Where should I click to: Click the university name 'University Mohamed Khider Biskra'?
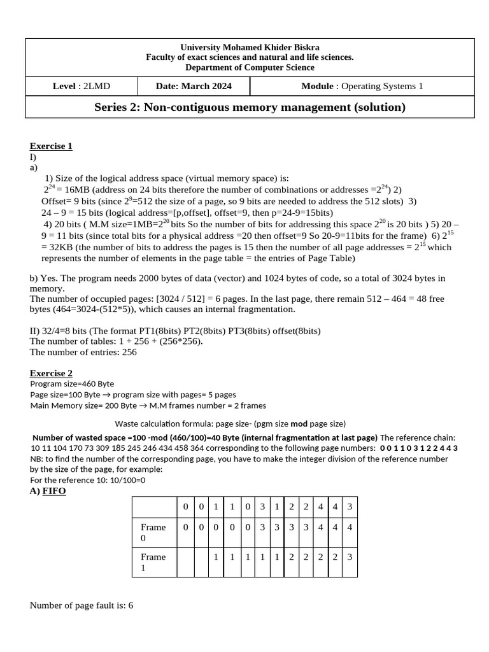click(x=250, y=47)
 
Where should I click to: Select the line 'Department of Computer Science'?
click(x=250, y=67)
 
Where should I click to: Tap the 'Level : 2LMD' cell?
click(x=81, y=86)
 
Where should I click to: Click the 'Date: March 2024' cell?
click(x=194, y=86)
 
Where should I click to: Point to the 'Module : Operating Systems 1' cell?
click(x=362, y=86)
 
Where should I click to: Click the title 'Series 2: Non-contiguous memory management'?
click(x=250, y=107)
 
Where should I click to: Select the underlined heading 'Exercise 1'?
click(x=51, y=146)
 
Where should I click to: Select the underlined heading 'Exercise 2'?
click(x=51, y=373)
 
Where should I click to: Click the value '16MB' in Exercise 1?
click(x=76, y=190)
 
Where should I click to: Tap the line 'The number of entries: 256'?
click(x=83, y=351)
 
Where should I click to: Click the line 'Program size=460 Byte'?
click(x=72, y=384)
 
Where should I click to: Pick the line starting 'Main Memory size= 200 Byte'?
click(x=148, y=405)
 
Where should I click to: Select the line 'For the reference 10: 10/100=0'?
click(x=88, y=480)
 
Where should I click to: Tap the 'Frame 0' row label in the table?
click(x=153, y=532)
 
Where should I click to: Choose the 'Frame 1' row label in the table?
click(x=153, y=562)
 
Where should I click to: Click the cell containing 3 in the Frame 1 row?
click(x=349, y=556)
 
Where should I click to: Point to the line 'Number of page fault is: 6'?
click(x=81, y=605)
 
